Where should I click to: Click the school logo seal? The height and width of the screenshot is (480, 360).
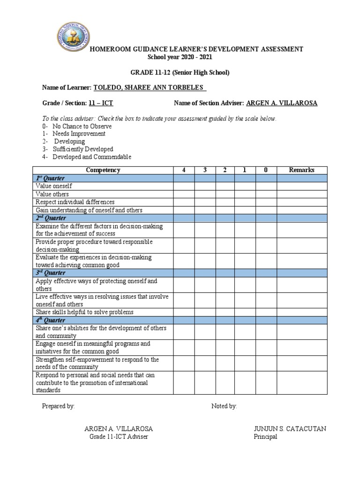click(x=71, y=38)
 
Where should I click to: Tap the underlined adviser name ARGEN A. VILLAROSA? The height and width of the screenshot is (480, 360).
click(x=281, y=103)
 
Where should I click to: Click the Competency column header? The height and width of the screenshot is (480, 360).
click(x=103, y=170)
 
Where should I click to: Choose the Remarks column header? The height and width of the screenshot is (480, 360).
click(x=301, y=170)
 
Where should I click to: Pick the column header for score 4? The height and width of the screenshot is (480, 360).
click(x=184, y=170)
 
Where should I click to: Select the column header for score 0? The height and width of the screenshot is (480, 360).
click(x=266, y=170)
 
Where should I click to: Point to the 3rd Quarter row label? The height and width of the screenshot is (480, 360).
click(x=51, y=273)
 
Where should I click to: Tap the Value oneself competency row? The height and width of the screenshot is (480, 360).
click(x=54, y=186)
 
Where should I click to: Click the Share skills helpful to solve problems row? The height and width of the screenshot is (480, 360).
click(x=85, y=312)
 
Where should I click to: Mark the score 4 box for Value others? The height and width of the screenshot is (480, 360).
click(x=184, y=194)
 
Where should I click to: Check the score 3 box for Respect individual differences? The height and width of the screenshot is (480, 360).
click(x=205, y=202)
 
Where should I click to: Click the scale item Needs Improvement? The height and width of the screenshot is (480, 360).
click(x=79, y=134)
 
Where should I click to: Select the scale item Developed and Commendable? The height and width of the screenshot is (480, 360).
click(x=91, y=157)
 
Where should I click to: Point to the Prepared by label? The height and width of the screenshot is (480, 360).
click(x=58, y=406)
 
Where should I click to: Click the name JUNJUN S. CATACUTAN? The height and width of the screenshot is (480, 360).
click(x=290, y=429)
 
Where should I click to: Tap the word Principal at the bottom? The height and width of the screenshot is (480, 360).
click(x=265, y=437)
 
